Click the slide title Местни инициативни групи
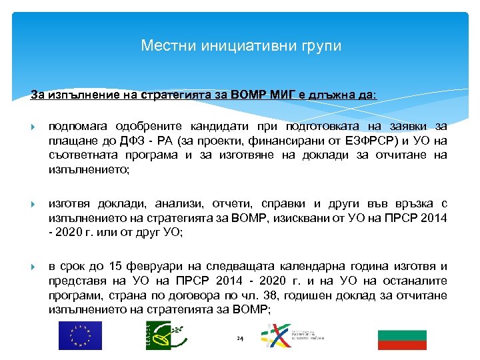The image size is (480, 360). point(241,46)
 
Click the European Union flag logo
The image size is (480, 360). point(80,335)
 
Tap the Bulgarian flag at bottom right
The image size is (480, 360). point(402,339)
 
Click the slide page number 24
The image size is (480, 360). point(240,339)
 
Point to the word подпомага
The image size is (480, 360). point(79,126)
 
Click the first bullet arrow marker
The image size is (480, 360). point(34,127)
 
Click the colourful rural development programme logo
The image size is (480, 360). point(291,335)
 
